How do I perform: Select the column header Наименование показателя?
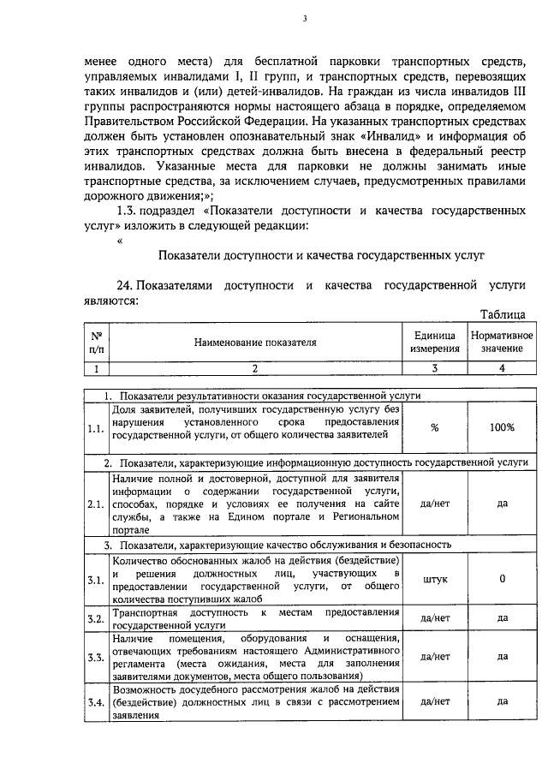click(x=254, y=343)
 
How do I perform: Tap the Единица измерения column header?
click(x=434, y=343)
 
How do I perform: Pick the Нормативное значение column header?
click(x=502, y=343)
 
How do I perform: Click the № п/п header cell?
click(x=97, y=343)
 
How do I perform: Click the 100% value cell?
click(x=502, y=427)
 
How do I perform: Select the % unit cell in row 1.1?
click(x=435, y=427)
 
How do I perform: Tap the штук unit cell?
click(x=435, y=579)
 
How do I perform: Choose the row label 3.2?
click(x=96, y=618)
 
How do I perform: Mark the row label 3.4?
click(x=96, y=703)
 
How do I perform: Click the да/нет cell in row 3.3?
click(x=435, y=657)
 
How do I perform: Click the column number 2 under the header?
click(x=254, y=369)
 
